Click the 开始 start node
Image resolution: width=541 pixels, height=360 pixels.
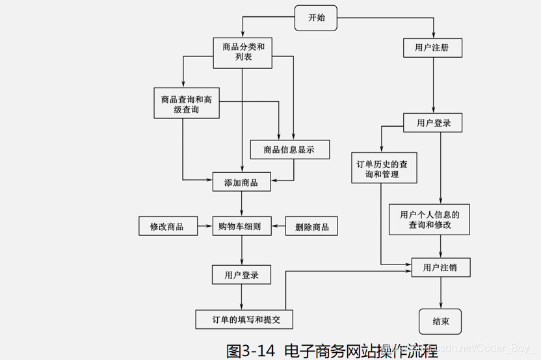tap(317, 18)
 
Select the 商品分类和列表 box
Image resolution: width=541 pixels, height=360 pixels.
tap(243, 52)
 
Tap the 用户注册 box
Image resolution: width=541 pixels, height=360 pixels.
tap(434, 47)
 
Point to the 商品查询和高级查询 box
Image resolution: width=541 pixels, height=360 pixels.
tap(187, 105)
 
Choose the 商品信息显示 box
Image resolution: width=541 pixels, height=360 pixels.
tap(289, 149)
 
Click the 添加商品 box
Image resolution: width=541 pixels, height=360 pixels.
tap(241, 182)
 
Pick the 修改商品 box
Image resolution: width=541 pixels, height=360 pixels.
tap(168, 227)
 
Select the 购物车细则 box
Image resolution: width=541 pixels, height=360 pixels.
tap(241, 226)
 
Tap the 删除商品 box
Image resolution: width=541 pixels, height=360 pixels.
tap(312, 227)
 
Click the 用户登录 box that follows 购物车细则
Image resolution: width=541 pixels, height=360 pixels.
tap(241, 275)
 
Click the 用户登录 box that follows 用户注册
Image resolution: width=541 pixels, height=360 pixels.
tap(434, 122)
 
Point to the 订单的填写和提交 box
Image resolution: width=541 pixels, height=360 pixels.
tap(244, 319)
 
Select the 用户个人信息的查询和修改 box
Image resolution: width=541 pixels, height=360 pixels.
tap(429, 219)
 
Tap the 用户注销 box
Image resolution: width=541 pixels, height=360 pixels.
tap(441, 266)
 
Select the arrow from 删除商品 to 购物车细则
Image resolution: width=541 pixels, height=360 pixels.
tap(278, 226)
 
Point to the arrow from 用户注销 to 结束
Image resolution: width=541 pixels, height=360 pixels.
tap(441, 292)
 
